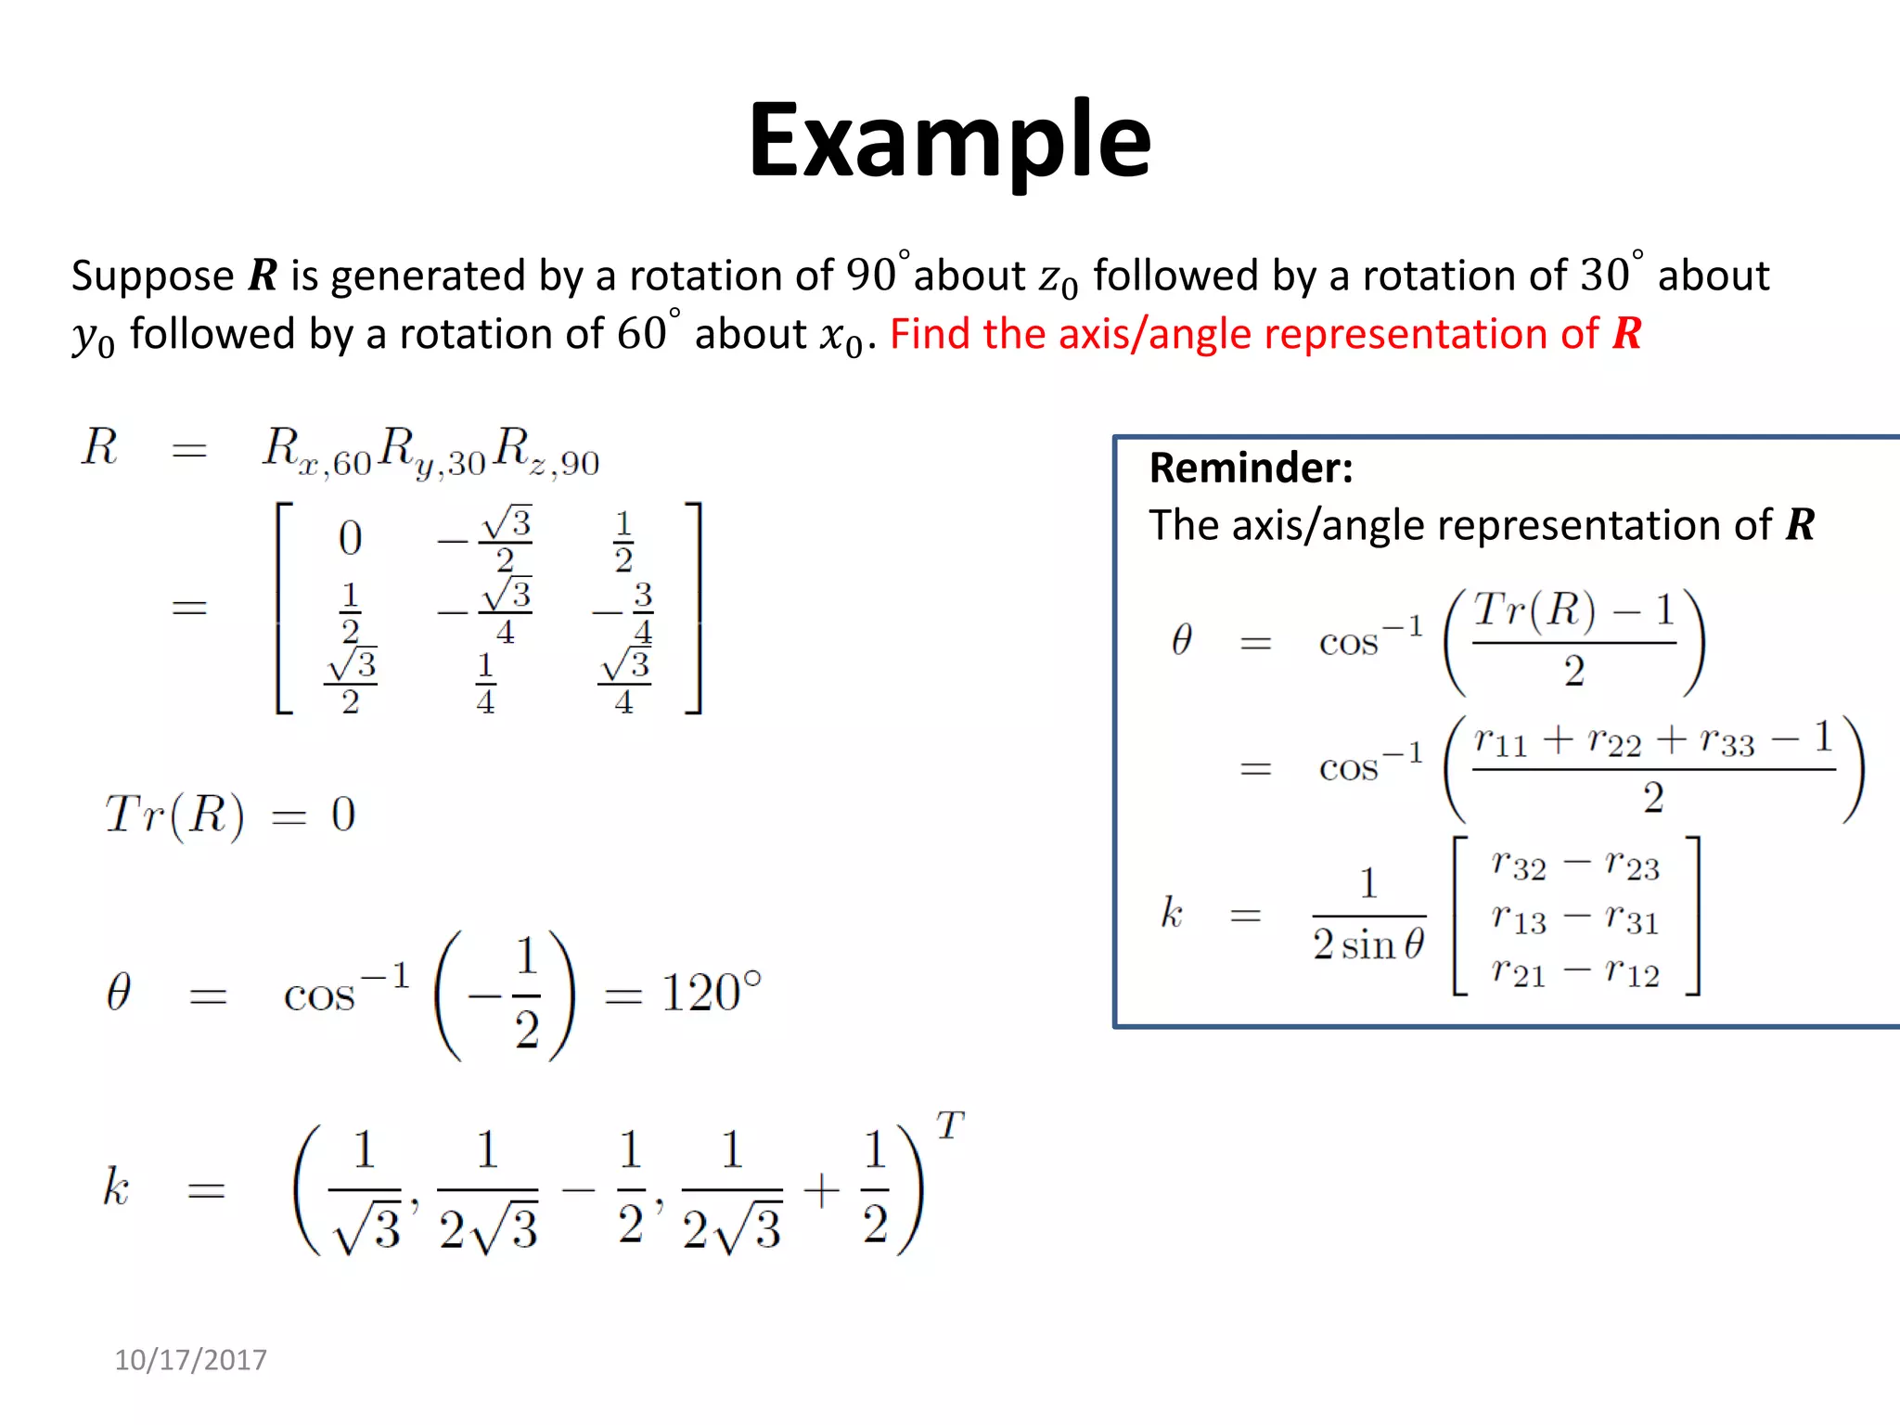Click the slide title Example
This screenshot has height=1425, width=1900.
949,141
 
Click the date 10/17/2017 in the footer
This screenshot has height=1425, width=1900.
190,1360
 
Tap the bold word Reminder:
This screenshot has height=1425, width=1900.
1251,468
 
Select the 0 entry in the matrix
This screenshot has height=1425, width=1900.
350,538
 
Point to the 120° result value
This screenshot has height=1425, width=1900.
711,993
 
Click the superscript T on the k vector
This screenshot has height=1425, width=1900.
950,1125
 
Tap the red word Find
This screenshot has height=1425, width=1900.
930,334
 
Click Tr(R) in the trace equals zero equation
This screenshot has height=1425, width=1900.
174,815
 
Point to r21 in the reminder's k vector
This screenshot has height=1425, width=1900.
1518,971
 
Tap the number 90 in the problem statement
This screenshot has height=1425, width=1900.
871,276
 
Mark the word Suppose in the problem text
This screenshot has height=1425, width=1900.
153,276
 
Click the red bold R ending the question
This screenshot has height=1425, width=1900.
1627,334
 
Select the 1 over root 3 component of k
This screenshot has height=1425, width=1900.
366,1190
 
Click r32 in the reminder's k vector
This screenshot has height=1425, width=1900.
1518,865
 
